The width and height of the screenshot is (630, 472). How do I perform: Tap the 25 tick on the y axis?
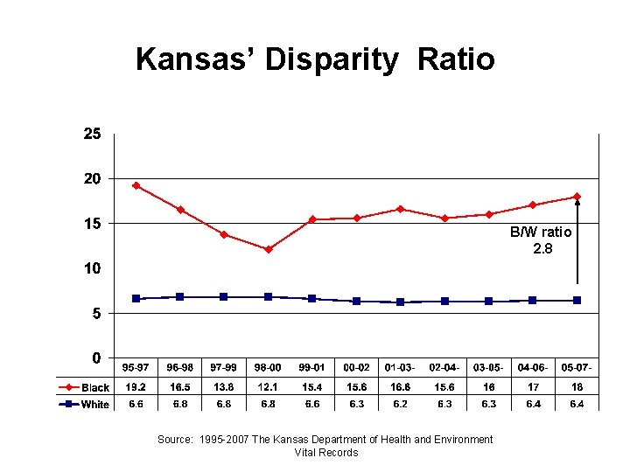[92, 135]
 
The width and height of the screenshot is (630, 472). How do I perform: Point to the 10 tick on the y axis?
[92, 268]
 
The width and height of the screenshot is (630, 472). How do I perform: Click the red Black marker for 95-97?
[136, 185]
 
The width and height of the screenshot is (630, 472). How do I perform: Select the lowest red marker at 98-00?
[268, 249]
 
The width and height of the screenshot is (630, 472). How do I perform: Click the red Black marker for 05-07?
[577, 197]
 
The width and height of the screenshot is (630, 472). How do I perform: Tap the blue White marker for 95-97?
[136, 298]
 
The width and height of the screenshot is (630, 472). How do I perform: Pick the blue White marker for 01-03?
[400, 302]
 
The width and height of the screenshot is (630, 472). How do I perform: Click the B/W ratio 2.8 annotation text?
[542, 240]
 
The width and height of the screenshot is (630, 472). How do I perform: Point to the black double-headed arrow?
[577, 241]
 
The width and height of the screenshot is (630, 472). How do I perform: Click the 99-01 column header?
[312, 367]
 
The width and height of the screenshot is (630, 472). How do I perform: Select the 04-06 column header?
[533, 367]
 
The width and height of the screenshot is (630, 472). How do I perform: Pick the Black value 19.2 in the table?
[136, 386]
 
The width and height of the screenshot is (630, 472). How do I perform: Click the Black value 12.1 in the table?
[268, 386]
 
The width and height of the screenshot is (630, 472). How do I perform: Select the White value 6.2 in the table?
[400, 404]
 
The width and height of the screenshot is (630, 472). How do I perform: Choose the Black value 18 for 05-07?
[577, 386]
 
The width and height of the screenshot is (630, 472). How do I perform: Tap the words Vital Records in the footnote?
[325, 453]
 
